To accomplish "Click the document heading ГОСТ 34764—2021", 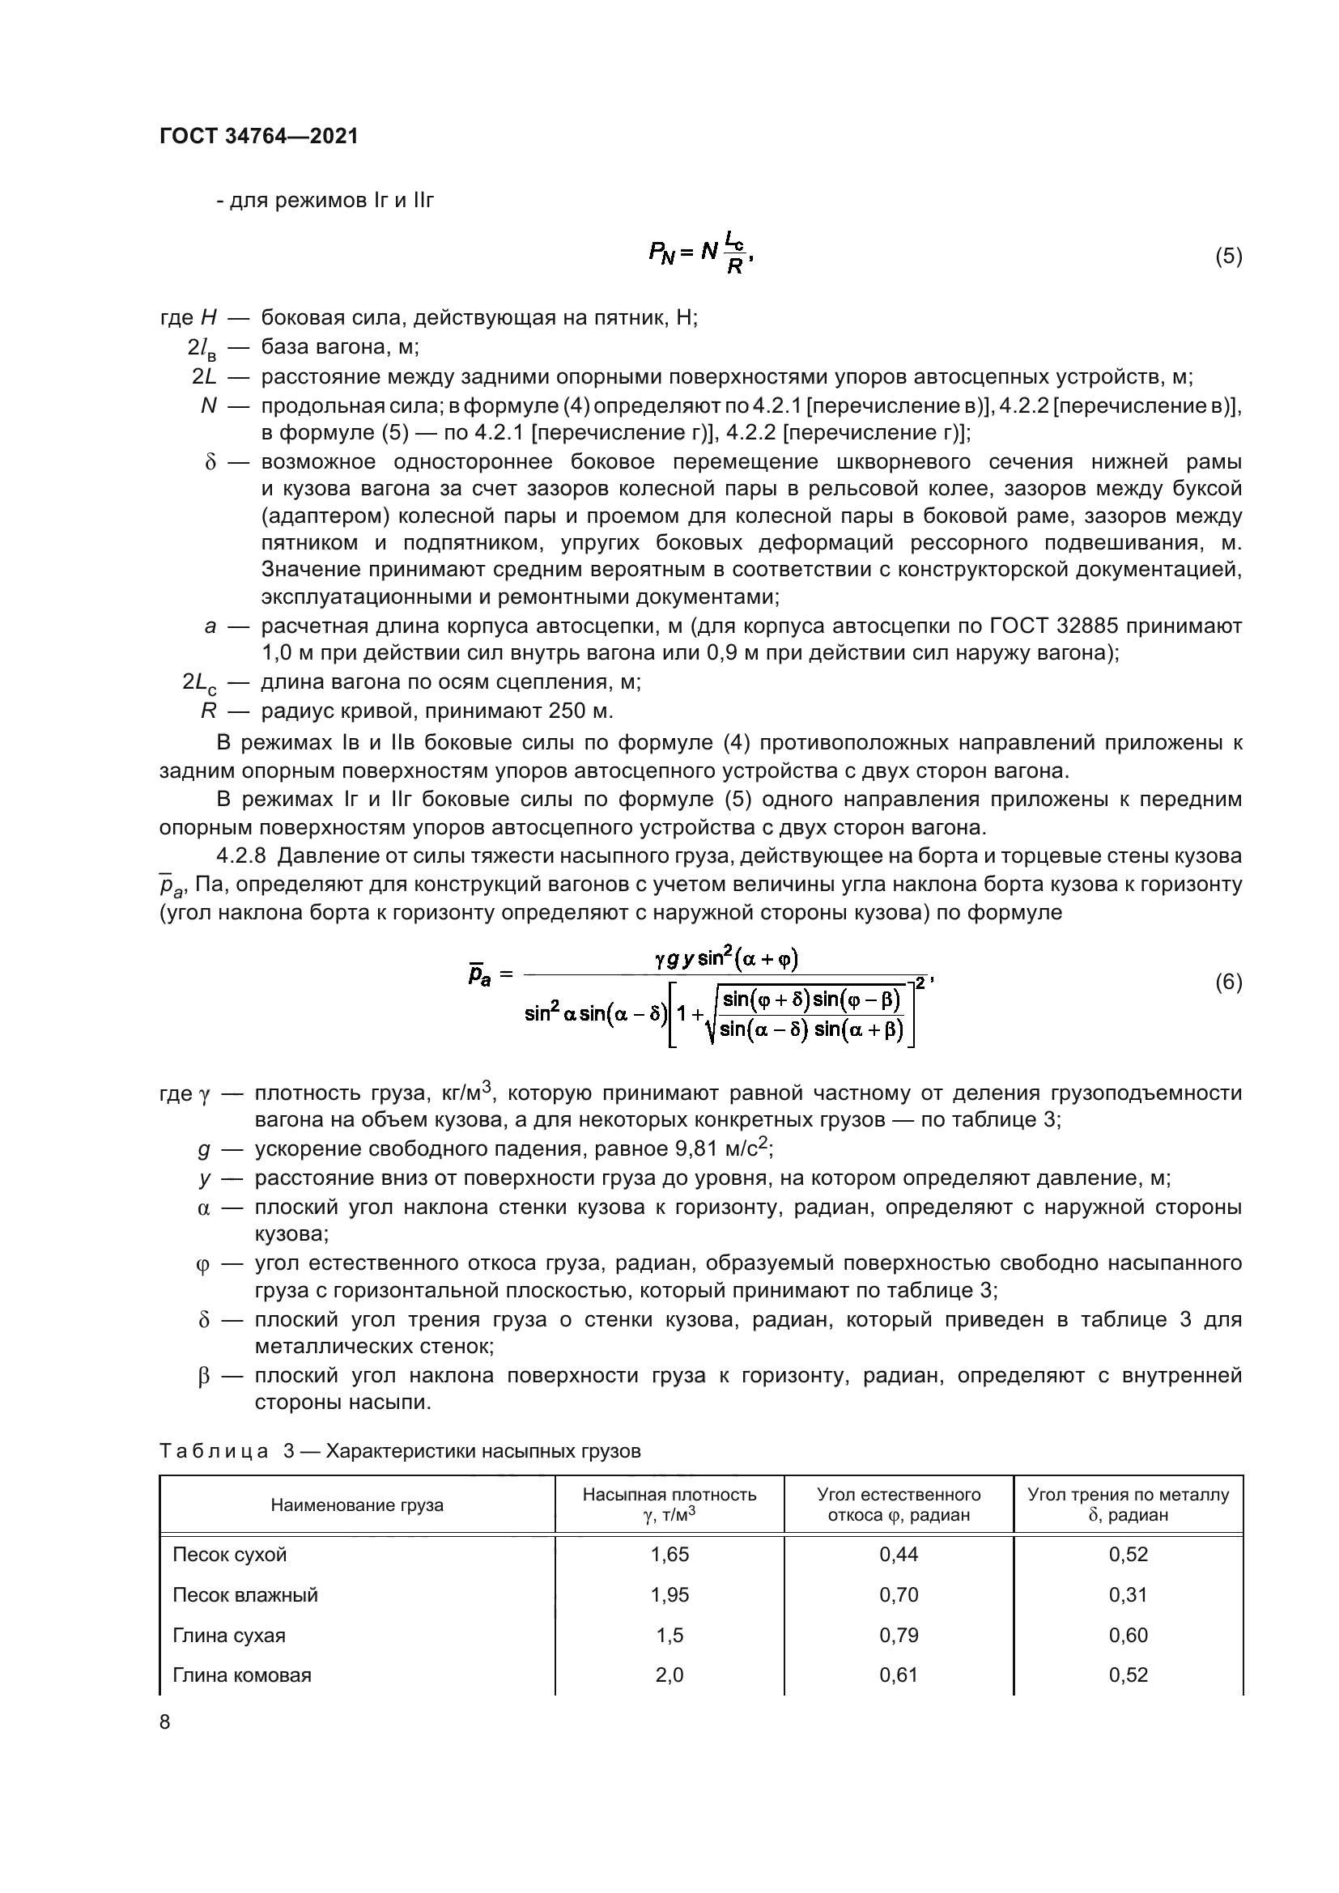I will [x=259, y=136].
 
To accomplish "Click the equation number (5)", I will [x=1228, y=257].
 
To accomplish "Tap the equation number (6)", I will [x=1228, y=982].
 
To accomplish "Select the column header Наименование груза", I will [x=357, y=1505].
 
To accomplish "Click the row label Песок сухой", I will [x=230, y=1554].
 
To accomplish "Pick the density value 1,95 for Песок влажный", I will [x=669, y=1594].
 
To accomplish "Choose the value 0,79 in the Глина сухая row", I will [x=898, y=1634].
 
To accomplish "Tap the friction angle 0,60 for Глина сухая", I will [x=1128, y=1634].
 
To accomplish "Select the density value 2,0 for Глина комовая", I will [x=669, y=1674].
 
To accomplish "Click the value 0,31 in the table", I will [x=1128, y=1594].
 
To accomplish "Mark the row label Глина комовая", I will [x=241, y=1674].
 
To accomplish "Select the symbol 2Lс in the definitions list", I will [x=199, y=683].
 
